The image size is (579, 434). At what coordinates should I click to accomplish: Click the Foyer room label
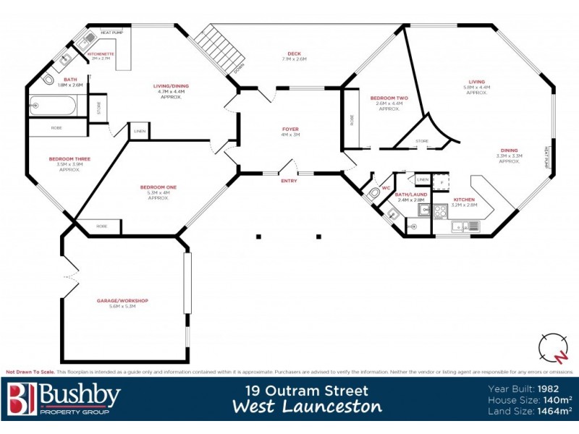tap(290, 130)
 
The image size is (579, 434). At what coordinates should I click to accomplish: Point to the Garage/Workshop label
tap(122, 300)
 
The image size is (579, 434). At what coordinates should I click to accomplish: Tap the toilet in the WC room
tap(373, 192)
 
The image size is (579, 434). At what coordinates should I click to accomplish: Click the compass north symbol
tap(553, 348)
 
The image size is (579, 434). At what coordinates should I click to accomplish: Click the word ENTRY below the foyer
tap(289, 181)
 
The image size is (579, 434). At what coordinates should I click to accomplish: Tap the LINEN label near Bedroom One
tap(140, 132)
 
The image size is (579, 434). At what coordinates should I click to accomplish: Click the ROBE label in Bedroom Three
tap(56, 128)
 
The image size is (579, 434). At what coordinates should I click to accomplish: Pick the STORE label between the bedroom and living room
tap(421, 140)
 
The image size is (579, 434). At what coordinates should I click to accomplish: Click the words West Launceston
tap(307, 407)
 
